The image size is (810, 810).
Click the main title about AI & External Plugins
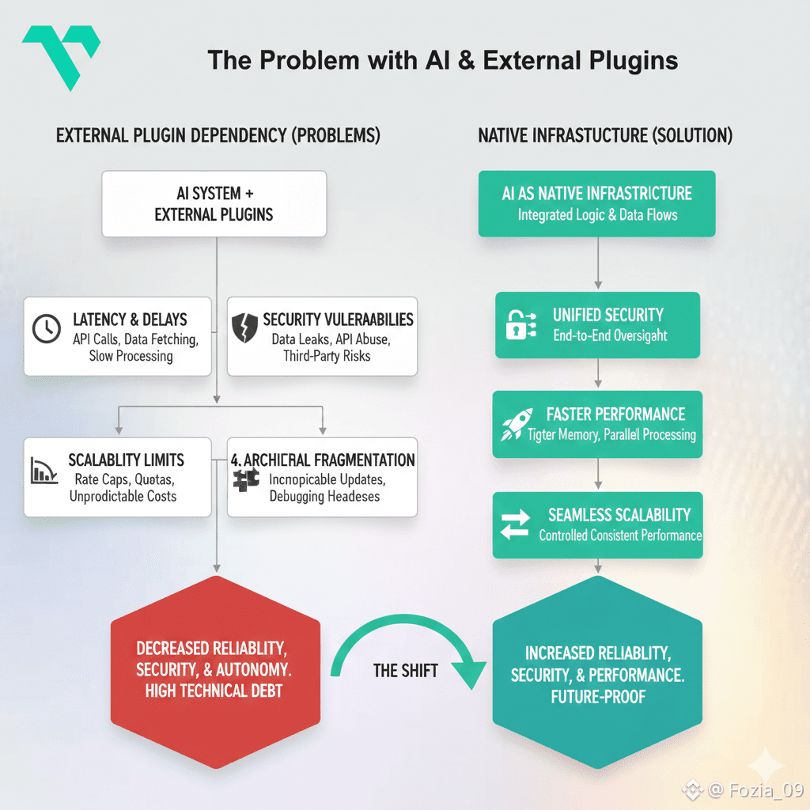click(442, 61)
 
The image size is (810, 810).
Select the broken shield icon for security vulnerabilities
click(244, 327)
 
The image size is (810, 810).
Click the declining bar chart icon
click(44, 470)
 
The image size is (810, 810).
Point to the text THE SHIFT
click(405, 671)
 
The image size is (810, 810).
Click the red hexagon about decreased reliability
click(214, 671)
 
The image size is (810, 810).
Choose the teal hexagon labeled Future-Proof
click(597, 672)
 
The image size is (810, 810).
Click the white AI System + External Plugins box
click(214, 203)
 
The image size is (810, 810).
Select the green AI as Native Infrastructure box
click(596, 203)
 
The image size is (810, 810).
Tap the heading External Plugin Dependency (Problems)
click(218, 136)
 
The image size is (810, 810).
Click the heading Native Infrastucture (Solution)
click(605, 136)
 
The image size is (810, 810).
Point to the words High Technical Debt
click(214, 691)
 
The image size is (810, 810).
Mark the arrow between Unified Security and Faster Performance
click(598, 374)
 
